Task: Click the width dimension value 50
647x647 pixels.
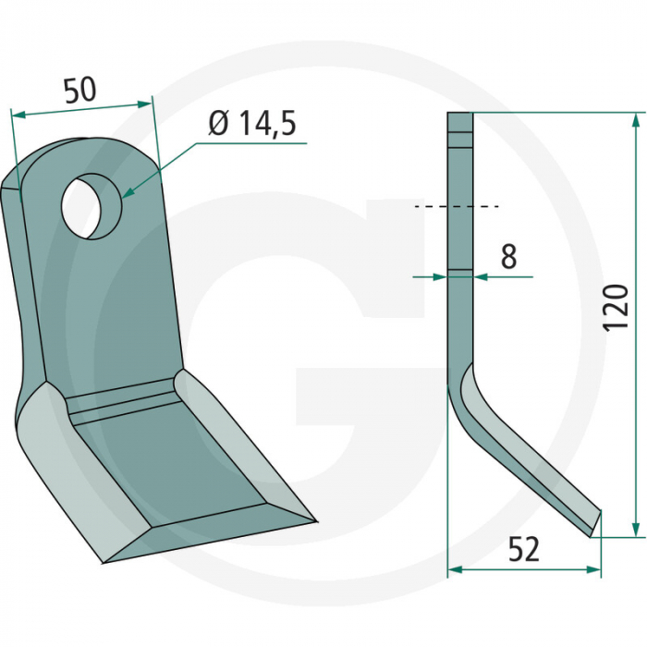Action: (79, 91)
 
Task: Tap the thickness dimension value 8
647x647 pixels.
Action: (508, 257)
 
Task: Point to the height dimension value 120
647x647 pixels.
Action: (617, 308)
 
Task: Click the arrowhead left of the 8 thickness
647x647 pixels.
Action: (441, 275)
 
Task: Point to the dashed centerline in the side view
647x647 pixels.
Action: (458, 206)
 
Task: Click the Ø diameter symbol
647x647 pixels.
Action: (218, 124)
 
